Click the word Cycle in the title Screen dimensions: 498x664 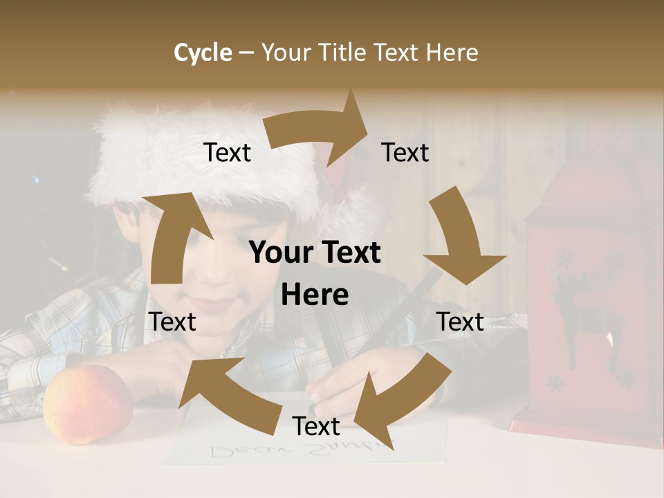203,53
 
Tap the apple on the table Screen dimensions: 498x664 87,405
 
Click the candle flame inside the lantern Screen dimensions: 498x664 609,339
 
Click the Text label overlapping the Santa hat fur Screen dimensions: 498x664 227,152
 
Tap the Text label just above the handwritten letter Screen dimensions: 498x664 316,426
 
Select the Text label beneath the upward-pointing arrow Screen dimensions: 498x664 172,322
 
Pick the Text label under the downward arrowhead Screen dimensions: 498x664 460,322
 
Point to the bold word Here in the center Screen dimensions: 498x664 315,295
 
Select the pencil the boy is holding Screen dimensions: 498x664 408,304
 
